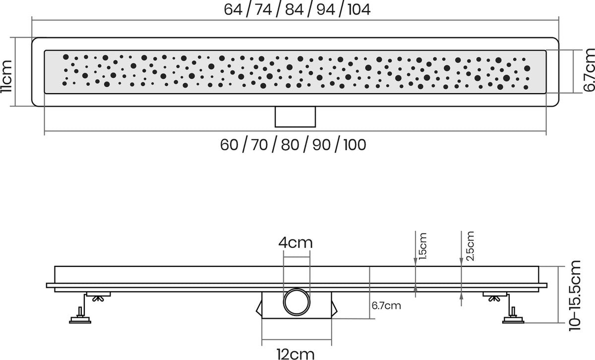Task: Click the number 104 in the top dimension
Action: [x=359, y=9]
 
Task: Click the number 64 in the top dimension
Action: [x=233, y=9]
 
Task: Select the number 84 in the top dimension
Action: [x=295, y=9]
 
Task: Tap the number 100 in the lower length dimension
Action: [x=355, y=145]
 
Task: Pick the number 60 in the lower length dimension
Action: [x=229, y=145]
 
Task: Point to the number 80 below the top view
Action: [x=290, y=145]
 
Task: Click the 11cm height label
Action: [x=6, y=77]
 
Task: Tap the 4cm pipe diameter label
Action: [x=296, y=242]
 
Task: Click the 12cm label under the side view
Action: [x=296, y=354]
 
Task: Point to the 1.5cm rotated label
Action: [x=422, y=246]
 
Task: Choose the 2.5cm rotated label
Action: [x=470, y=246]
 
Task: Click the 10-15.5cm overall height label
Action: [x=575, y=296]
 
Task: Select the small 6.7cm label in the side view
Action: [x=386, y=305]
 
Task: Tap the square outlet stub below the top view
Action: [x=295, y=117]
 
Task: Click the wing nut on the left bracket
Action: [x=98, y=299]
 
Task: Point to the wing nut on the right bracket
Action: [x=494, y=299]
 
